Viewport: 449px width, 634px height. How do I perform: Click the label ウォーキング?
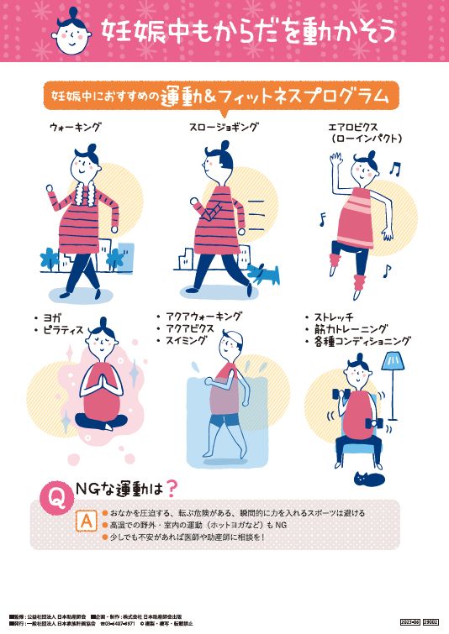(75, 128)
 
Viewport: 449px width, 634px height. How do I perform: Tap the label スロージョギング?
(223, 128)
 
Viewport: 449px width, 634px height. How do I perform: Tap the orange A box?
(84, 521)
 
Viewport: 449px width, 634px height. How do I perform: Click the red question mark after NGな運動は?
(172, 487)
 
